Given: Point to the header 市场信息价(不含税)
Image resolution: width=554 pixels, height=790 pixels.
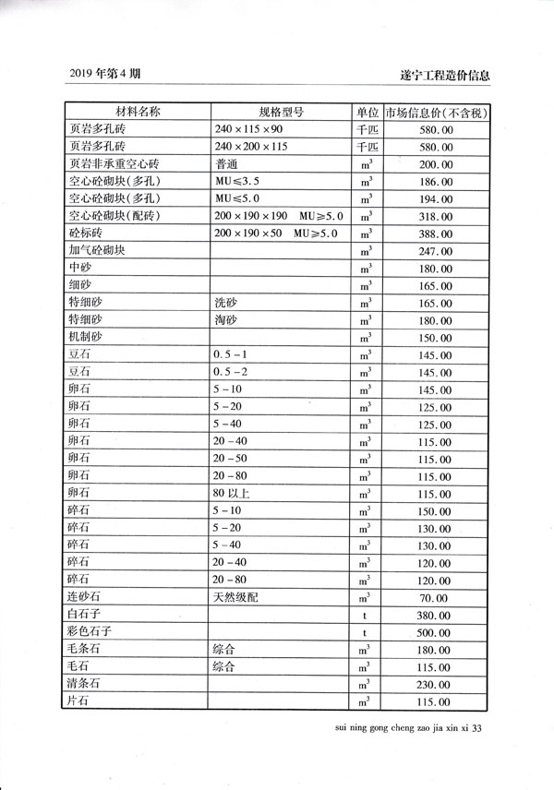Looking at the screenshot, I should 437,113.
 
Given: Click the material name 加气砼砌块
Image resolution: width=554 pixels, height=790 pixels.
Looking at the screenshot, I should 96,250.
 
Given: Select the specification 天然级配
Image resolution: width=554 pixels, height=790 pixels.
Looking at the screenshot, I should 235,597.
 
